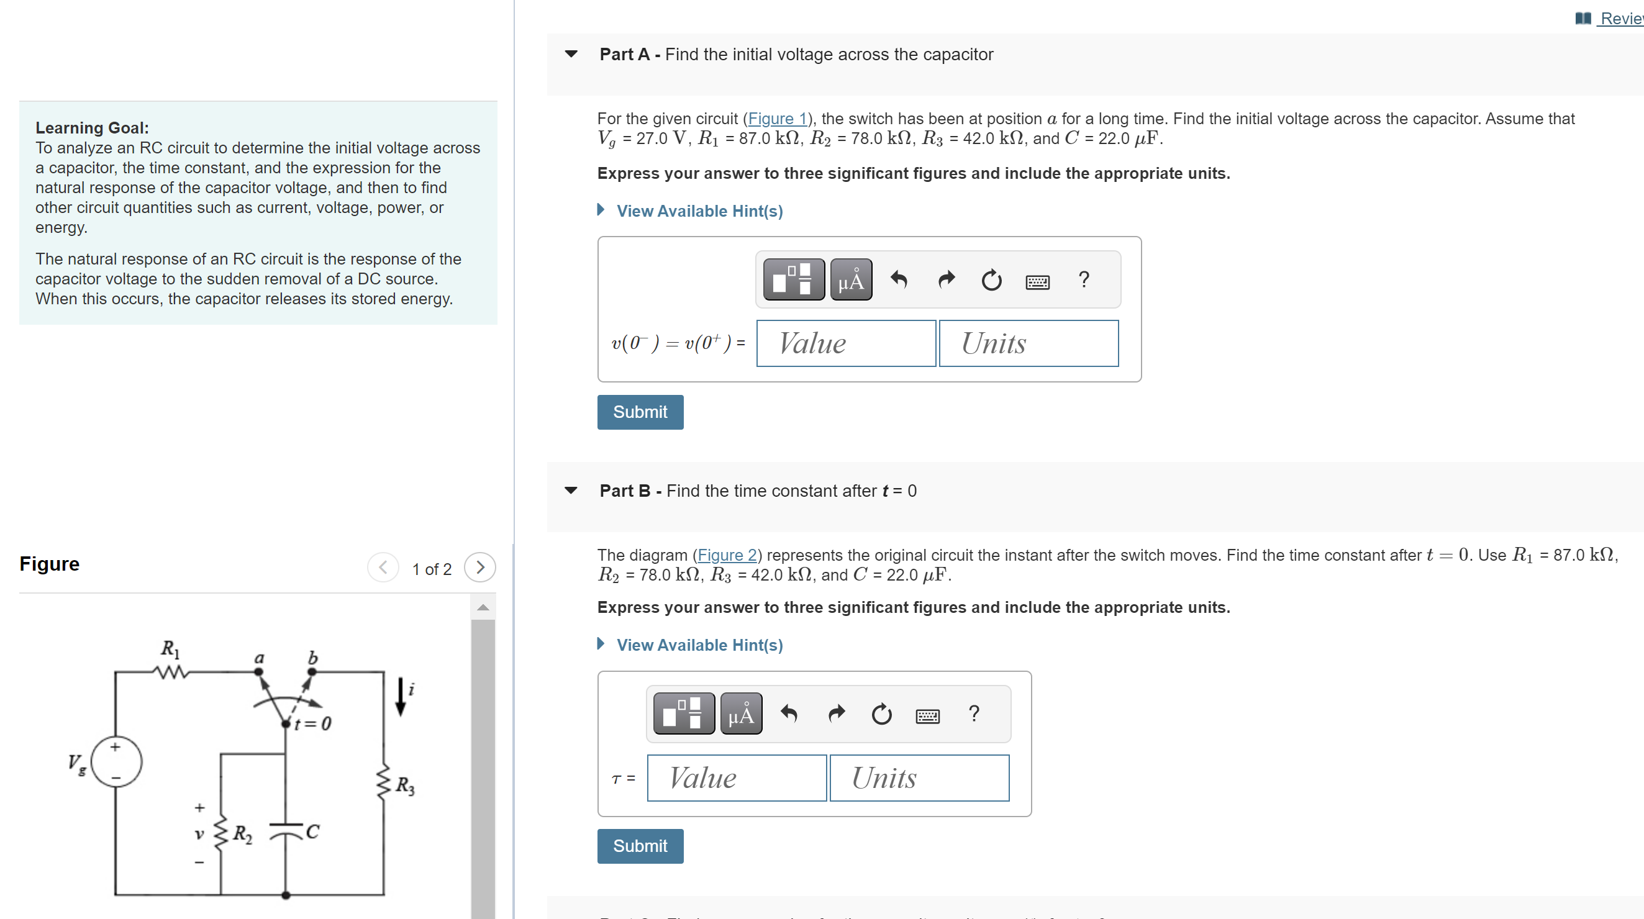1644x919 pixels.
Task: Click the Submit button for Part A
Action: [640, 412]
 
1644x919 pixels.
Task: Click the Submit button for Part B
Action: [640, 846]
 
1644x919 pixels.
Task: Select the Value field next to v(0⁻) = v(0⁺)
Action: [846, 343]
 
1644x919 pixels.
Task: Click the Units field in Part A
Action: [1028, 343]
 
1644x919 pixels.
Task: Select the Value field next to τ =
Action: [737, 777]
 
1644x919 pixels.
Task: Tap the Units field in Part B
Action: [919, 777]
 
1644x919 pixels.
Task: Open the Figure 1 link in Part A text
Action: [777, 119]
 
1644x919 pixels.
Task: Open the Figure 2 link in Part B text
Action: [726, 555]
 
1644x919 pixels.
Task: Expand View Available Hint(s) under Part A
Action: [699, 211]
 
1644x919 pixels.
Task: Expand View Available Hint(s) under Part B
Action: [699, 645]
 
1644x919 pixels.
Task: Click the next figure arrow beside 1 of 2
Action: [480, 568]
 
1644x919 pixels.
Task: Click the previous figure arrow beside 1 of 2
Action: [383, 568]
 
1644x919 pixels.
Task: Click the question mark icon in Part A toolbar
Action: [1083, 279]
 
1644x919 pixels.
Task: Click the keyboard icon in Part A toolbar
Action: [1037, 281]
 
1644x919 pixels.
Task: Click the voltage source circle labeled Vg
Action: [116, 761]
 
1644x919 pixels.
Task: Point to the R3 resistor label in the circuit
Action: [404, 785]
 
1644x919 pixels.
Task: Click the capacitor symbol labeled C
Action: [286, 830]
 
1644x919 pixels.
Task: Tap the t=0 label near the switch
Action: [313, 723]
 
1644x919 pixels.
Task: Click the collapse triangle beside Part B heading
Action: [571, 490]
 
